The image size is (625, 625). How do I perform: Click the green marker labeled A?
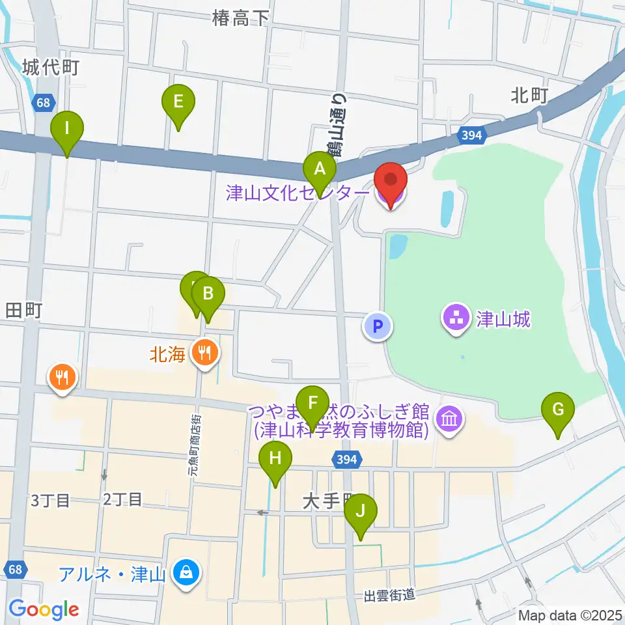pos(320,169)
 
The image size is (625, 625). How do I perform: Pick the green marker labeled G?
pos(558,410)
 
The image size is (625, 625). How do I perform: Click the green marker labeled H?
pos(275,458)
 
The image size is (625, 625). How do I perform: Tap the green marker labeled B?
pos(208,294)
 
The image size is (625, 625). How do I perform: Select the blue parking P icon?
pos(378,325)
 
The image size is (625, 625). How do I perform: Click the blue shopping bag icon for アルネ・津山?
pos(187,574)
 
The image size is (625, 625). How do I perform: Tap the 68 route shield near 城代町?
pos(43,102)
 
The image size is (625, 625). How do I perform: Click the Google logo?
pos(44,609)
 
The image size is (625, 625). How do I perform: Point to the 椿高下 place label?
pos(240,18)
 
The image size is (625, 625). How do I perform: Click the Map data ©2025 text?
pos(570,615)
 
